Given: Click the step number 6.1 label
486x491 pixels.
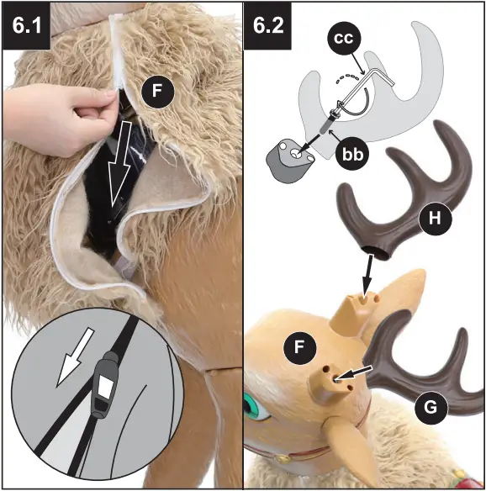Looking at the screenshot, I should click(26, 24).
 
